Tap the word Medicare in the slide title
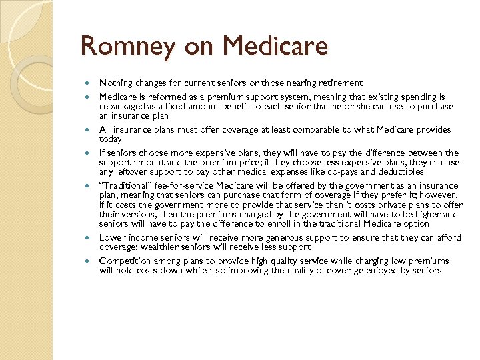[276, 47]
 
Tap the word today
[111, 139]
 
